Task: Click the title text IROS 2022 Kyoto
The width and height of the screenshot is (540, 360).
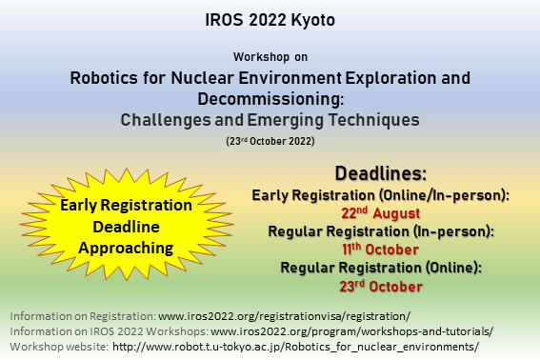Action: point(270,19)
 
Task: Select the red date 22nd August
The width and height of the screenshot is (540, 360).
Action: point(380,212)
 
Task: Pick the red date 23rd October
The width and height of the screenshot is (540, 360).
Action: point(380,284)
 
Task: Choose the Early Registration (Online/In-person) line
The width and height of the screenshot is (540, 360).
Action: point(380,194)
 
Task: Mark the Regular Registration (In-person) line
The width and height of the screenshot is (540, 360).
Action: point(380,230)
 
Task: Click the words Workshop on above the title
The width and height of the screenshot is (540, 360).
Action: point(270,57)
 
